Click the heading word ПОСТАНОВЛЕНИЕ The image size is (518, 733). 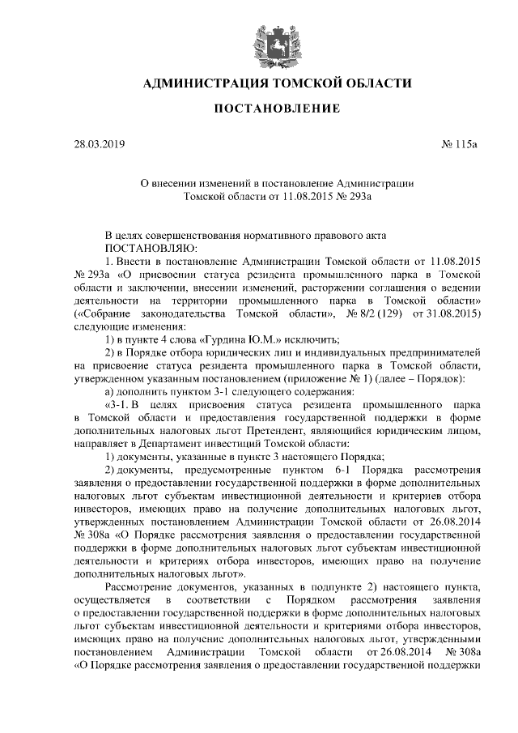(x=266, y=109)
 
